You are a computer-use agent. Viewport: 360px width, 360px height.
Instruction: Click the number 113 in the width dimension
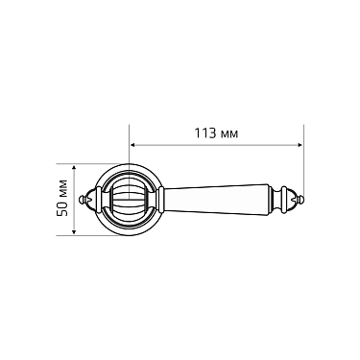click(204, 131)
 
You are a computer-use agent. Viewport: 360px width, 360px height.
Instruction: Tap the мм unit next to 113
click(228, 132)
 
